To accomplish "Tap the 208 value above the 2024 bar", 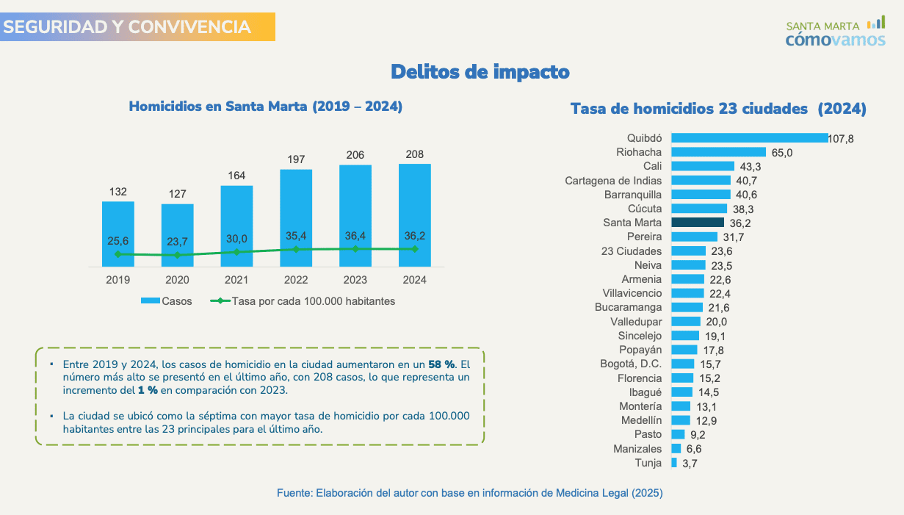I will [414, 154].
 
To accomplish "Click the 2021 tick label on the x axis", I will [236, 280].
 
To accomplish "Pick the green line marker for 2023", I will [355, 249].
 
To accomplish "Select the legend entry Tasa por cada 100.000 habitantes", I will [303, 301].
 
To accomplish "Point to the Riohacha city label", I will [639, 152].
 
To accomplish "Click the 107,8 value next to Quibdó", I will [841, 139].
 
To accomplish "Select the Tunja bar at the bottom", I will [674, 463].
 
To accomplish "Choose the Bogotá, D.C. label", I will [631, 364].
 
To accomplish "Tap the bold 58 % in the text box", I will [441, 364].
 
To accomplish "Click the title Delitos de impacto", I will [480, 72].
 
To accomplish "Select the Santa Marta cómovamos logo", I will [836, 33].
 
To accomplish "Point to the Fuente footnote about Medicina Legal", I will [470, 493].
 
